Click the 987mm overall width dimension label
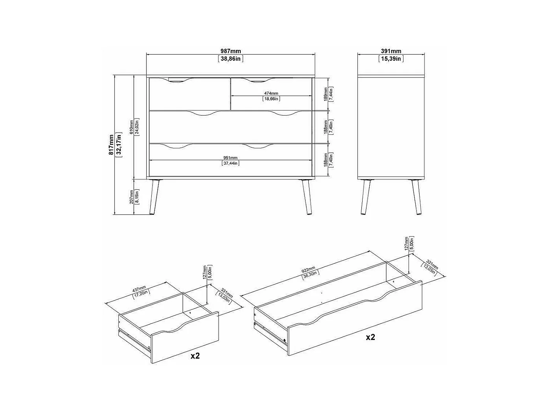pos(230,51)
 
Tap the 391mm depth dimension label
pos(391,51)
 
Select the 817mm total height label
pos(111,144)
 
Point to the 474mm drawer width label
pos(271,93)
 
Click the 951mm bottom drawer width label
pos(230,158)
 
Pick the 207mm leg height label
pos(131,197)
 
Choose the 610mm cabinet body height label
pos(131,127)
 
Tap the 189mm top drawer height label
pos(325,94)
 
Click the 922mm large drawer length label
pos(308,270)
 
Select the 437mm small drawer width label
pos(139,289)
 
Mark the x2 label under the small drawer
pos(195,356)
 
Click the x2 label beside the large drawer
pos(370,337)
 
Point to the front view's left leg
pos(153,197)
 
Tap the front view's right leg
pos(307,197)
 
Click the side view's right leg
pos(417,197)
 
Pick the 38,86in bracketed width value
pos(230,59)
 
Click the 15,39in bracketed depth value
pos(391,59)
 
